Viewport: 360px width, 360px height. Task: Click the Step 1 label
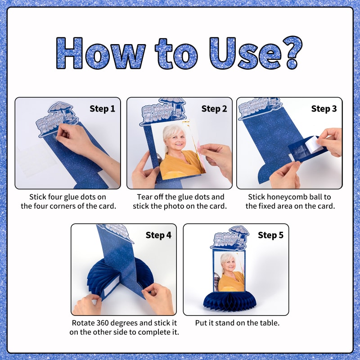(x=102, y=108)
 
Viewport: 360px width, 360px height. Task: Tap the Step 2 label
(x=214, y=108)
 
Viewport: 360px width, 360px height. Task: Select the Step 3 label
(x=324, y=108)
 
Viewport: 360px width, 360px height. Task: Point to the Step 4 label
(x=158, y=235)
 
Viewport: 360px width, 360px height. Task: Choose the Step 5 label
(x=270, y=235)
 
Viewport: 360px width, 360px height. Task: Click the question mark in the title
(x=292, y=52)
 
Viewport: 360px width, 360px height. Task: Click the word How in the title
(x=101, y=53)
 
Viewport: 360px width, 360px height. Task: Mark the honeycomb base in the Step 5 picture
(x=230, y=301)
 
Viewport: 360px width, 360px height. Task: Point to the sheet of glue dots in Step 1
(x=37, y=158)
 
